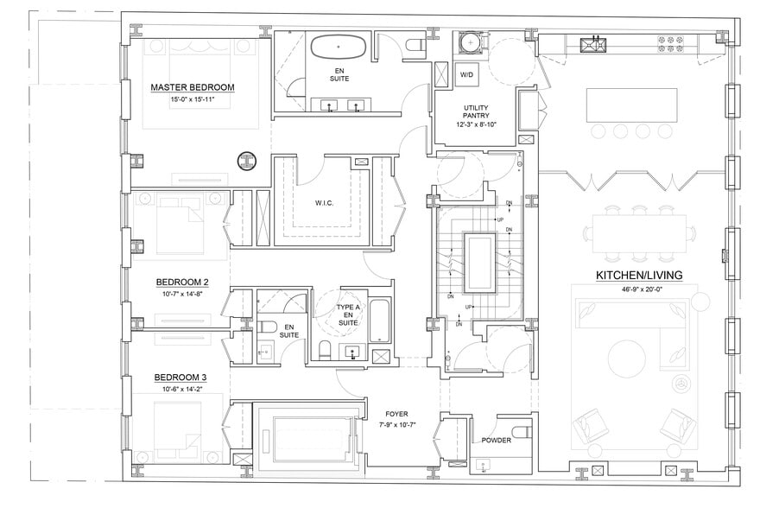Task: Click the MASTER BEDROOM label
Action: tap(192, 87)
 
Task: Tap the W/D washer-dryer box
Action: tap(467, 75)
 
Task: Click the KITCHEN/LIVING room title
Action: tap(639, 275)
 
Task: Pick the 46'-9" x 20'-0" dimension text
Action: tap(639, 289)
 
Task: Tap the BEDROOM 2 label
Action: tap(181, 283)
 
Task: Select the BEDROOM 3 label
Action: tap(181, 378)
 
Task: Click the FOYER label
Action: tap(396, 414)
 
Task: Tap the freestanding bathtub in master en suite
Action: tap(338, 46)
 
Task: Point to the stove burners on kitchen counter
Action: tap(672, 40)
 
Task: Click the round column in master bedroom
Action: tap(248, 161)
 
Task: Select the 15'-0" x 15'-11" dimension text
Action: tap(192, 100)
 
